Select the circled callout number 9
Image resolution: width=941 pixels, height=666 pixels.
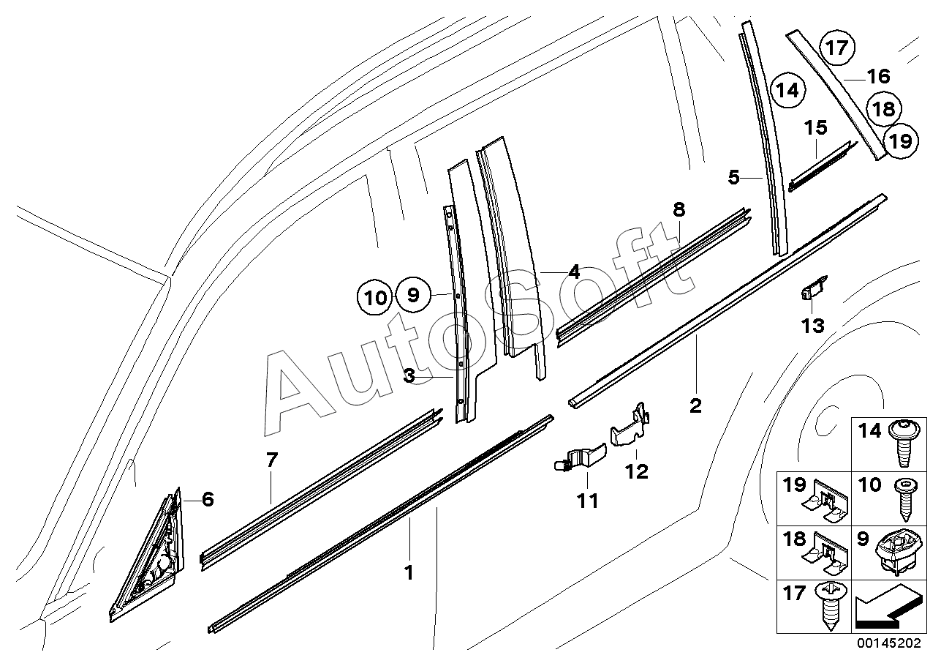pos(413,295)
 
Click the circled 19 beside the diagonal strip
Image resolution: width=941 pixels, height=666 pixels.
pos(902,141)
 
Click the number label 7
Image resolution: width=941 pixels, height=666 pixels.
pos(271,461)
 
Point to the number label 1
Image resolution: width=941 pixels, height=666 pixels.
pos(409,572)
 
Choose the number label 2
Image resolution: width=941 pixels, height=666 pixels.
pos(695,405)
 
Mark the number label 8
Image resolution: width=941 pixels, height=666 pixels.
pos(679,210)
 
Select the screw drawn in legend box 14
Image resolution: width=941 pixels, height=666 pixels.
pos(900,444)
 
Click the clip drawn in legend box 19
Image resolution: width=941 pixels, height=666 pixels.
pos(824,504)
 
